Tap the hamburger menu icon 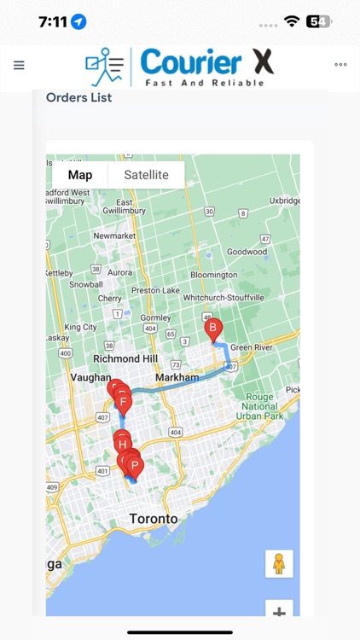click(19, 65)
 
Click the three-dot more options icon click(340, 65)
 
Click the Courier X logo click(179, 67)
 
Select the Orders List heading click(78, 97)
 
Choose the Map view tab click(80, 175)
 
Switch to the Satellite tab click(146, 175)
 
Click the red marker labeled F click(124, 402)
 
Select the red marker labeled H click(123, 445)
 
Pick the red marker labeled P click(134, 466)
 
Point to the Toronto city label click(154, 519)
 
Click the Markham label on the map click(177, 377)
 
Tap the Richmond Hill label click(126, 359)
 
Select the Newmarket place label click(114, 236)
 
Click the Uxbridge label click(285, 201)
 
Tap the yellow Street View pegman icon click(278, 564)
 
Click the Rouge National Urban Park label click(260, 407)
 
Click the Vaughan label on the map click(90, 377)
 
